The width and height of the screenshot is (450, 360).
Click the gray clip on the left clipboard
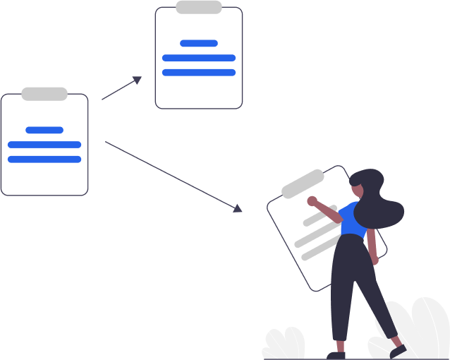44,94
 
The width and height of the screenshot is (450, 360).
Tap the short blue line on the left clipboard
44,130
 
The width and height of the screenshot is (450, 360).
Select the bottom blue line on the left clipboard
44,159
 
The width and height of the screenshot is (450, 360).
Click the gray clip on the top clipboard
199,7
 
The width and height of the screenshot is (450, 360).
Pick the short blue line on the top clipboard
199,43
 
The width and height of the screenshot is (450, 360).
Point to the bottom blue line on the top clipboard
199,72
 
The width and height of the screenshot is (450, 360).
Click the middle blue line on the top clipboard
199,58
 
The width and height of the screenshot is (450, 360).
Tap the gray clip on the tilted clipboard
303,184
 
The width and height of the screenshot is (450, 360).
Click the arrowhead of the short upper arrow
137,80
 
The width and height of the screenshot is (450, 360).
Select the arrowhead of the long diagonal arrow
238,208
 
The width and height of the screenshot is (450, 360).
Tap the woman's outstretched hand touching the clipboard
312,201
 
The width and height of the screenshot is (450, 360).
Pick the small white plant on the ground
284,344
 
